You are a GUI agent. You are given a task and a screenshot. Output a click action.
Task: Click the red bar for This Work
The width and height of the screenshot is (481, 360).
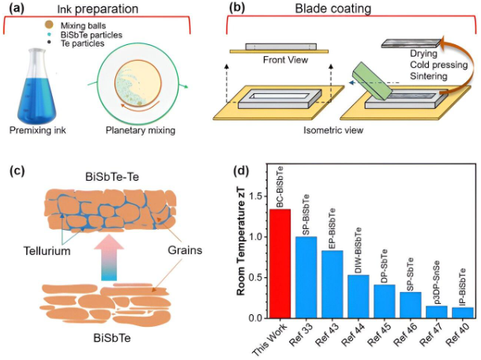pos(280,264)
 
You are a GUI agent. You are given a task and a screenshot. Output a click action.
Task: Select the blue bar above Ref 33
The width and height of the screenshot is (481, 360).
pos(306,278)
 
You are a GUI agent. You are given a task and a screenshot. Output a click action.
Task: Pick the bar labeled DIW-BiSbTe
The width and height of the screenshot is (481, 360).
pos(359,297)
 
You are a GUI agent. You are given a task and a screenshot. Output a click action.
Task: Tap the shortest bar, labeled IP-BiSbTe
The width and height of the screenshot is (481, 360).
pos(463,313)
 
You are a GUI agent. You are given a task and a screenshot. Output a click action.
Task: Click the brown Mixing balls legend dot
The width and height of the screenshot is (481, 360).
pos(49,24)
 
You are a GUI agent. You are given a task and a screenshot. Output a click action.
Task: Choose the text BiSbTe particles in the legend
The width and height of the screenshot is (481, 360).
pos(91,35)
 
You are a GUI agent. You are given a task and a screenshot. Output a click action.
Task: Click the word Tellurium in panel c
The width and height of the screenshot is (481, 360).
pos(47,251)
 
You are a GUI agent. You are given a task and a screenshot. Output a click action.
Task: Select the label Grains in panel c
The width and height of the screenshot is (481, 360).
pos(185,250)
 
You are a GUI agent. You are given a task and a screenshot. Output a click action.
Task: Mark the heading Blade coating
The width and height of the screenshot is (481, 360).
pos(333,9)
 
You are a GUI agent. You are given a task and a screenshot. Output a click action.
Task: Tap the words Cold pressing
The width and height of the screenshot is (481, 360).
pos(438,65)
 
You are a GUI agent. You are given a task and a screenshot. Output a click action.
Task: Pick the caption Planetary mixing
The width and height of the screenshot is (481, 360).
pos(141,130)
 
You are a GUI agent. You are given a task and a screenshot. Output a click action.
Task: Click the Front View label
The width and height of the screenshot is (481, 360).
pos(285,59)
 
